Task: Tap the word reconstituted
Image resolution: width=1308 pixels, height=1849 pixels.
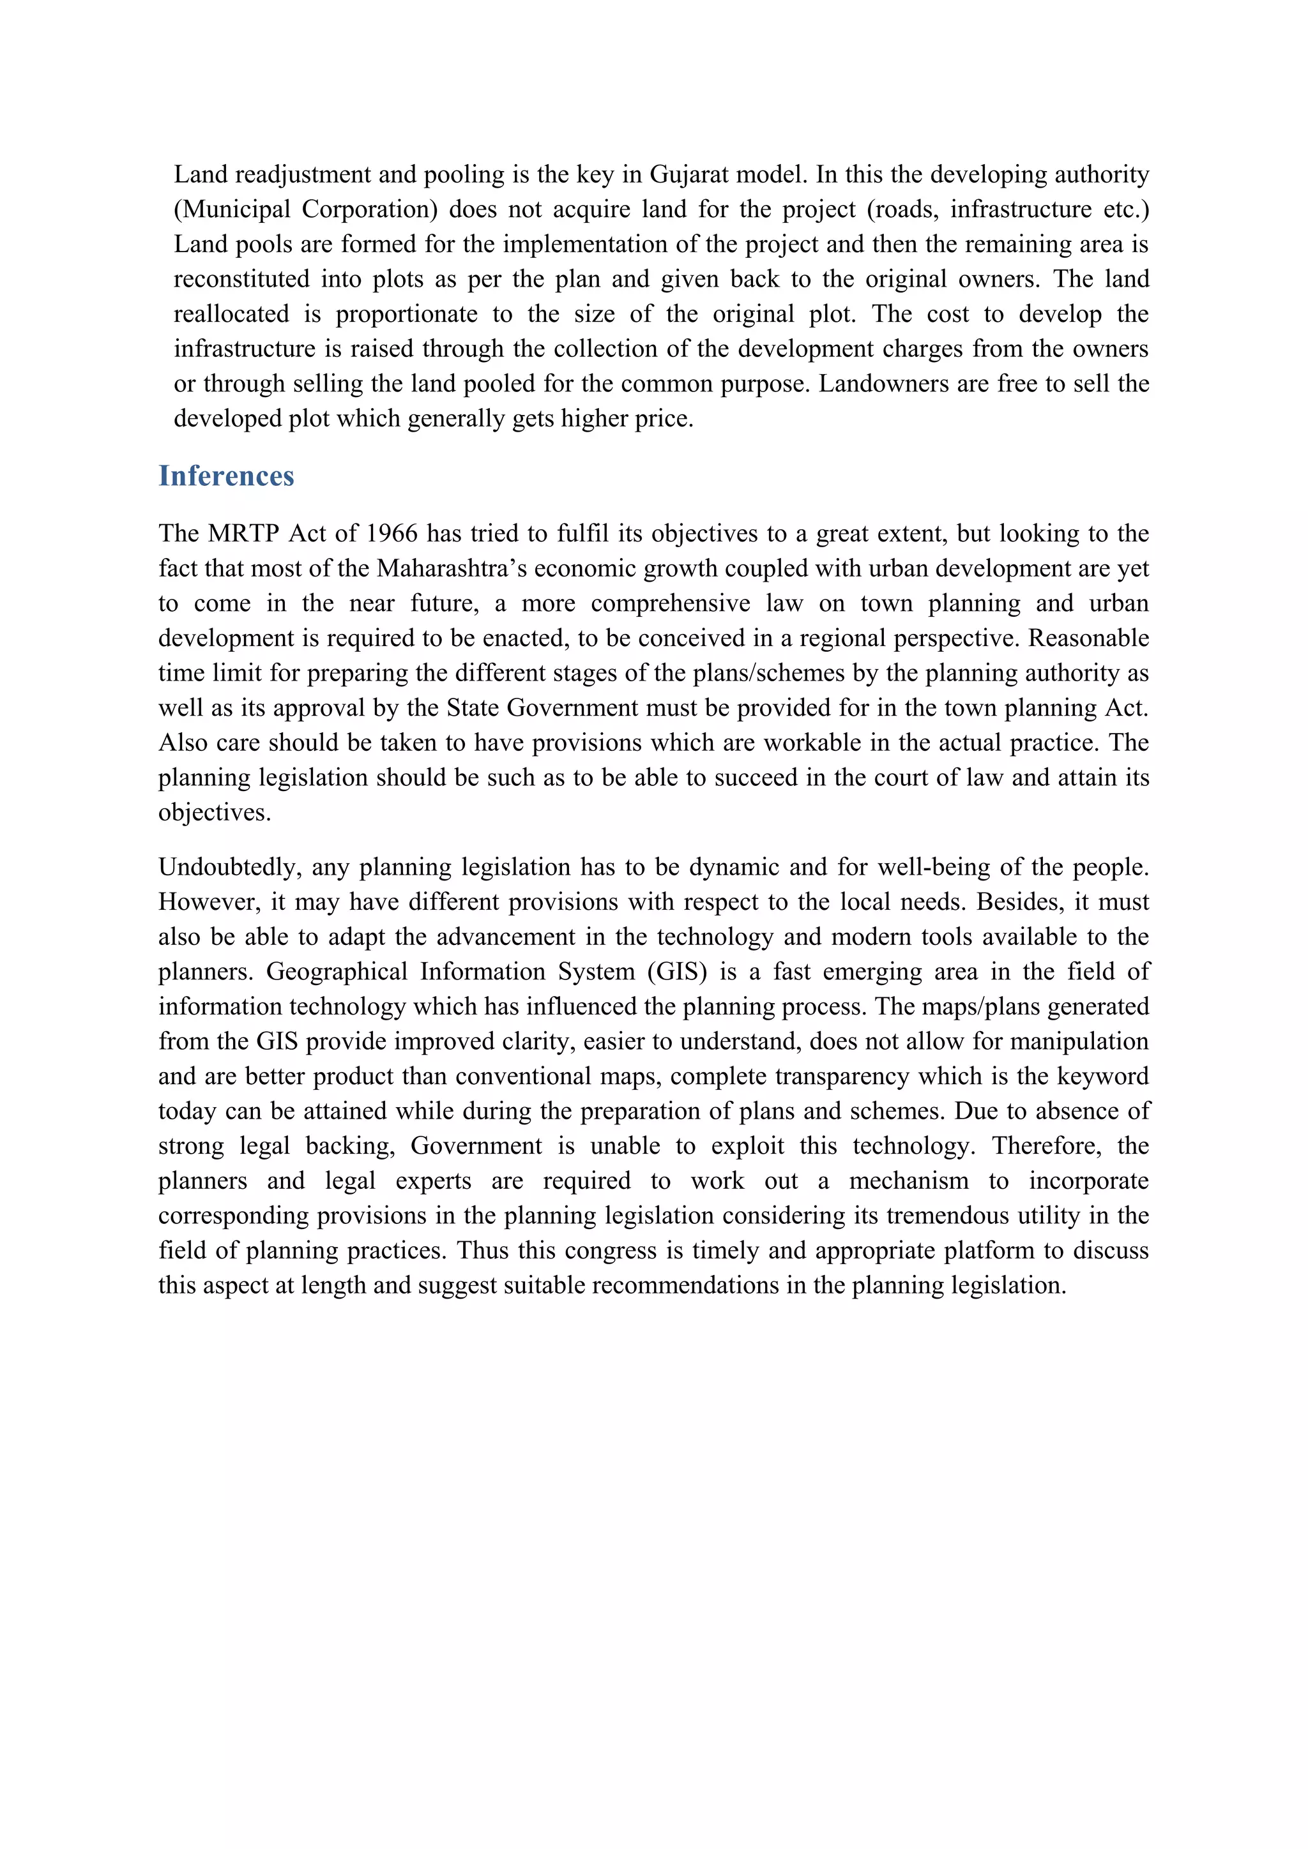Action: coord(241,280)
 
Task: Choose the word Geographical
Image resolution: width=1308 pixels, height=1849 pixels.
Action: coord(337,972)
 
